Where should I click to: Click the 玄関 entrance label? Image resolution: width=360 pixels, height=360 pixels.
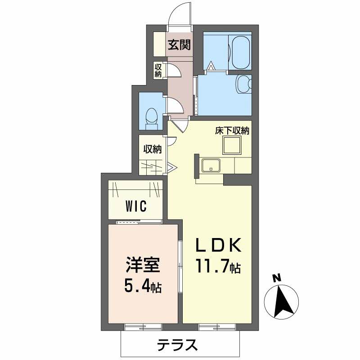[x=179, y=45]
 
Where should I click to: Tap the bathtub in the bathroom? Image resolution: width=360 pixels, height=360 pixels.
[x=240, y=52]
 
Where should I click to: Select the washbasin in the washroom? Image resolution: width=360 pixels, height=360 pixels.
[x=244, y=84]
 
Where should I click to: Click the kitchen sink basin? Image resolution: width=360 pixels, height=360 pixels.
[x=211, y=165]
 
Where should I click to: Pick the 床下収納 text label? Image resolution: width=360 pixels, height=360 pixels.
[x=232, y=131]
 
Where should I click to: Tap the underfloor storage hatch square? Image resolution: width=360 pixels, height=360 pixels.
[x=232, y=145]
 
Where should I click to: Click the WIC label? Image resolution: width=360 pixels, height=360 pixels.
[x=136, y=206]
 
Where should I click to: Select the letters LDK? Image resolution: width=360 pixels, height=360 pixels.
[x=218, y=245]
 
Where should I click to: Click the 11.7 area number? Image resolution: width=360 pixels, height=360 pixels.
[x=212, y=266]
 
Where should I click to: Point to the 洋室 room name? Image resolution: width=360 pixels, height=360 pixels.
[x=143, y=265]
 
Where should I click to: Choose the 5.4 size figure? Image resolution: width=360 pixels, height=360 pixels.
[x=137, y=286]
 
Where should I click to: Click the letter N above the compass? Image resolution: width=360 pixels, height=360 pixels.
[x=277, y=278]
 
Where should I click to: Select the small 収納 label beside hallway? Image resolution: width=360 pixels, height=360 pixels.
[x=158, y=70]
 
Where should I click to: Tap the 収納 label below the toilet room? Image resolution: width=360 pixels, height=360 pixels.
[x=153, y=149]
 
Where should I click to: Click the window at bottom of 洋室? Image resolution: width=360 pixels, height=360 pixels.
[x=143, y=327]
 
